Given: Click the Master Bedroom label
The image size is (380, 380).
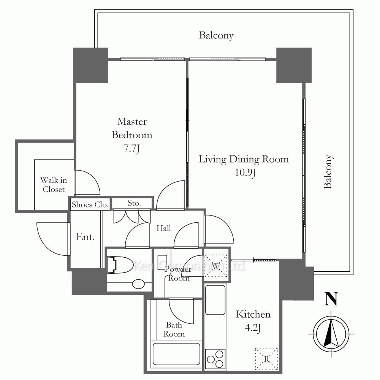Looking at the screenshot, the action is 132,128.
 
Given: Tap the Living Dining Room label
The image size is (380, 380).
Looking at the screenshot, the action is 244,159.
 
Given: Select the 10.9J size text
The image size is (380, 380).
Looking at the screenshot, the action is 245,173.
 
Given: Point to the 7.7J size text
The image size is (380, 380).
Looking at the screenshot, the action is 131,148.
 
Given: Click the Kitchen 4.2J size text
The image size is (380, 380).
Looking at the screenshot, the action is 253,328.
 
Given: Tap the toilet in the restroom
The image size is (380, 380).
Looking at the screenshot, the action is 120,265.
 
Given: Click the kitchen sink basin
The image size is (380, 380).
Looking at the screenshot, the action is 215,300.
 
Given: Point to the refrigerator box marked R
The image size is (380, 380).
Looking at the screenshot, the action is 266,359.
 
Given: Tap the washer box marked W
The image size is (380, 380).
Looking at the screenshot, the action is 216,266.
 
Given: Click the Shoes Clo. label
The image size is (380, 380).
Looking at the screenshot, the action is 90,204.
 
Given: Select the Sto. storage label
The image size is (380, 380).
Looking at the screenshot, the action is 134,203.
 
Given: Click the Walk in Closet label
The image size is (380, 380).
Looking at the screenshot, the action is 54,185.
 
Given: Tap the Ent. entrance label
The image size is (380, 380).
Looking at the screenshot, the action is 85,237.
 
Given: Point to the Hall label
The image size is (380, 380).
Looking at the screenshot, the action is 163,228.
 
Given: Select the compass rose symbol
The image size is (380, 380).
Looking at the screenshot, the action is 331,334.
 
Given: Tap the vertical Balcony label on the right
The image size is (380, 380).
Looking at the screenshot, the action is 328,172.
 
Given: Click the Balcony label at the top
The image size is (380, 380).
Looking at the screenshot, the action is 216,35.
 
